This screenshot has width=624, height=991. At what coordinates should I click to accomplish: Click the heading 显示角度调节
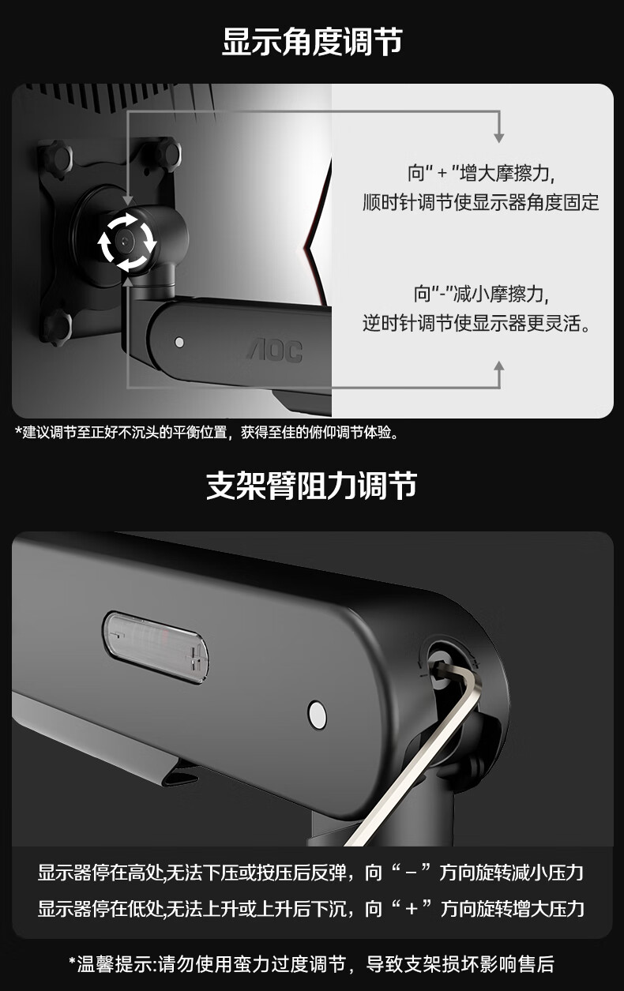pyautogui.click(x=312, y=42)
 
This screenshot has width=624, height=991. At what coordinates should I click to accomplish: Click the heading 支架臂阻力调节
pyautogui.click(x=311, y=486)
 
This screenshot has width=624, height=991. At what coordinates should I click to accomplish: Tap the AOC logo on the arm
pyautogui.click(x=275, y=351)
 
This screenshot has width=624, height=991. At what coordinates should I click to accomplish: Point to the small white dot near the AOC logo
pyautogui.click(x=179, y=342)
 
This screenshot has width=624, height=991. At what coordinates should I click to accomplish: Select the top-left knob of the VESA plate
pyautogui.click(x=55, y=156)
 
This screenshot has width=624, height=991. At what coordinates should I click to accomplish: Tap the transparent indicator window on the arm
pyautogui.click(x=156, y=648)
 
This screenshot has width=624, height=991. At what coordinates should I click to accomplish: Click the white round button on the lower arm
pyautogui.click(x=317, y=715)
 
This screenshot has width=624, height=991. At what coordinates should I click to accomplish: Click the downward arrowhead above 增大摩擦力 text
pyautogui.click(x=498, y=137)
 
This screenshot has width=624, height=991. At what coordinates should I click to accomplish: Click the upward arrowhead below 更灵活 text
pyautogui.click(x=498, y=366)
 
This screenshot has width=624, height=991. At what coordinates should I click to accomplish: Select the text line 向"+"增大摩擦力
pyautogui.click(x=481, y=173)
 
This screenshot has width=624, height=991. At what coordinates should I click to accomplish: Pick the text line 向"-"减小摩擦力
pyautogui.click(x=481, y=294)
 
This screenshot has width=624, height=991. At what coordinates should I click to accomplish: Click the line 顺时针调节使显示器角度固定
pyautogui.click(x=480, y=203)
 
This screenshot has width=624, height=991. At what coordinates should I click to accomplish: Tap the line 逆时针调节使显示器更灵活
pyautogui.click(x=476, y=324)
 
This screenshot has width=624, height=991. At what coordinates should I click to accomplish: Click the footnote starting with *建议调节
pyautogui.click(x=207, y=432)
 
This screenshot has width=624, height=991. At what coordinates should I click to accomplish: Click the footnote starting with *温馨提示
pyautogui.click(x=311, y=964)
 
